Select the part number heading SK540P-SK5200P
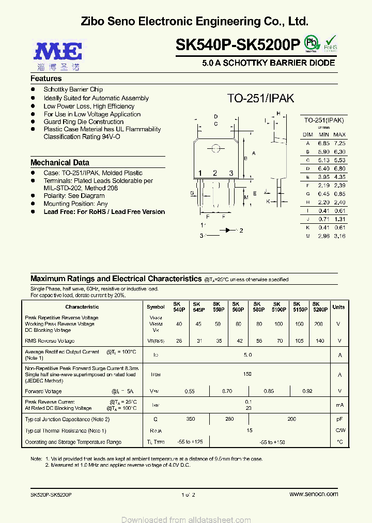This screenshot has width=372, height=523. click(x=238, y=45)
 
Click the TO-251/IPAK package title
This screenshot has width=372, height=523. click(x=260, y=98)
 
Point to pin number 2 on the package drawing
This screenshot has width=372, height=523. click(x=215, y=173)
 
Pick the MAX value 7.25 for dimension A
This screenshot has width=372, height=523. click(x=339, y=143)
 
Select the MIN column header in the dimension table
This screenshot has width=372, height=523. click(x=323, y=134)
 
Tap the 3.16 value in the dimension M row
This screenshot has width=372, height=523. click(x=339, y=236)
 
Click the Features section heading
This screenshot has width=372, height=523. click(x=46, y=79)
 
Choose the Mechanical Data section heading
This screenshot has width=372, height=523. click(x=60, y=162)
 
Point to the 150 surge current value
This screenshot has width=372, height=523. click(x=247, y=374)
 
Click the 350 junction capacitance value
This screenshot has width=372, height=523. click(x=191, y=419)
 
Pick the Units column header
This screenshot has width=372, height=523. click(x=338, y=306)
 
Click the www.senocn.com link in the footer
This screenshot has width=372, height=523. click(x=314, y=495)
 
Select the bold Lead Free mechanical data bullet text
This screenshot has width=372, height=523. click(x=104, y=212)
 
